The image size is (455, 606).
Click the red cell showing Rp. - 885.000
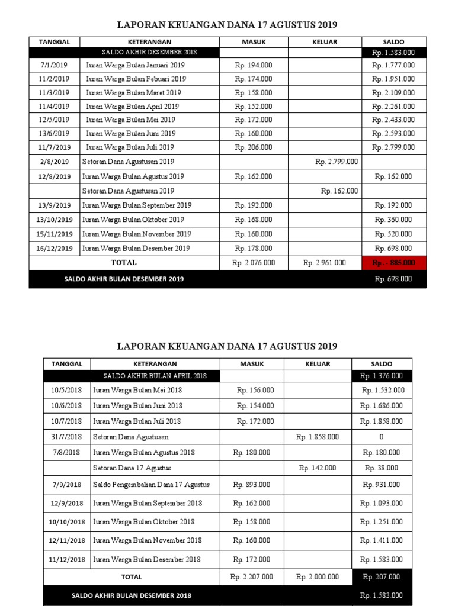point(394,262)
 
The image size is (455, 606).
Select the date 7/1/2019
point(55,65)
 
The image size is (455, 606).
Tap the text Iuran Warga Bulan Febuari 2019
point(136,79)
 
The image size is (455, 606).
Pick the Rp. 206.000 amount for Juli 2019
point(254,147)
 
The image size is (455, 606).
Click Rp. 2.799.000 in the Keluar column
point(337,162)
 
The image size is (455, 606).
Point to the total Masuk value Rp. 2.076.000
point(254,262)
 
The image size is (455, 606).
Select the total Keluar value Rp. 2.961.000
point(324,262)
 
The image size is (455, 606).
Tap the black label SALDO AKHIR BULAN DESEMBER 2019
point(124,279)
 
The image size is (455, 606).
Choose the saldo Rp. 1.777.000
point(393,65)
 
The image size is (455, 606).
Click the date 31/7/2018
point(66,437)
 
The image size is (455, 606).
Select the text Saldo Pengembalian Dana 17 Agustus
point(151,485)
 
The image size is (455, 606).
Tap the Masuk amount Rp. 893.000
point(252,485)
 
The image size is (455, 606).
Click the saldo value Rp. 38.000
point(381,468)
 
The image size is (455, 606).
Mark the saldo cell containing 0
point(381,437)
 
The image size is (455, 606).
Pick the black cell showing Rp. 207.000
point(382,577)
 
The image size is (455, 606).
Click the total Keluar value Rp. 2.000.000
point(318,577)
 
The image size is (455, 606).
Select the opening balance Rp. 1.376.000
point(382,376)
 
